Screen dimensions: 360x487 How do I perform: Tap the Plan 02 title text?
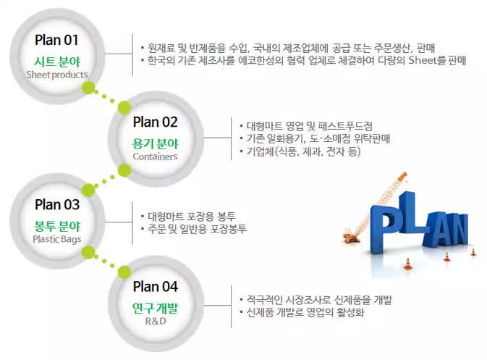pos(155,121)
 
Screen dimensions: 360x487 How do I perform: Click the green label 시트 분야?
pos(56,60)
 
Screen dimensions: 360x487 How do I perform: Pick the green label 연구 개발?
pos(155,307)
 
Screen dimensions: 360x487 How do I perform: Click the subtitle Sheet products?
pos(56,75)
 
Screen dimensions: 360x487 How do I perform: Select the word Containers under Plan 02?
pos(155,156)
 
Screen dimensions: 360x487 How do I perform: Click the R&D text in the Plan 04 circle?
pos(155,321)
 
